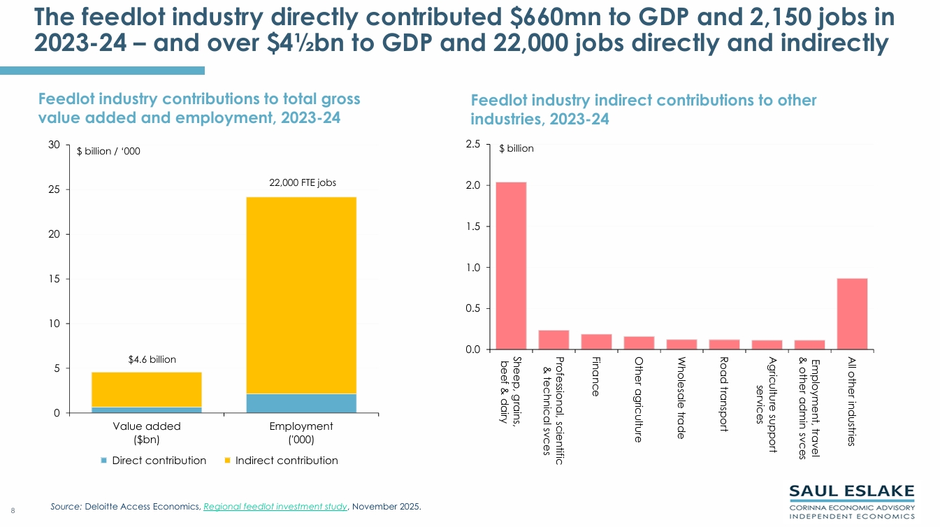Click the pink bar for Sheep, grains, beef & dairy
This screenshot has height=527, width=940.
pos(511,266)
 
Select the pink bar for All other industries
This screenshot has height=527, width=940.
pos(853,314)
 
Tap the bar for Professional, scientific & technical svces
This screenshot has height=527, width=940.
pos(554,340)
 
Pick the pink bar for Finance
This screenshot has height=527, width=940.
pos(596,342)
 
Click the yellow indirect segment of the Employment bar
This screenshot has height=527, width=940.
pos(301,296)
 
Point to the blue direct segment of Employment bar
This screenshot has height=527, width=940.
pos(301,403)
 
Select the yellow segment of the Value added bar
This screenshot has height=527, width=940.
pos(147,389)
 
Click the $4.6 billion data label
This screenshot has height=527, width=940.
pos(152,359)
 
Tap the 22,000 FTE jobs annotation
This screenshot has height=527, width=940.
pos(303,182)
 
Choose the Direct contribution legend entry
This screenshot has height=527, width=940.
pos(154,461)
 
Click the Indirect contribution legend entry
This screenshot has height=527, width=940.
pos(281,461)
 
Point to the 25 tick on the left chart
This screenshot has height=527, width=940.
pos(54,189)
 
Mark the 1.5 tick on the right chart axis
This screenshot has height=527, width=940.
pos(473,226)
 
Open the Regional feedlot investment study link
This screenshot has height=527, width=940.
pos(275,507)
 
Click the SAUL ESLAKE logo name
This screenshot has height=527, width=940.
pos(852,491)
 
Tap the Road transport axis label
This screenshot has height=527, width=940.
pos(724,394)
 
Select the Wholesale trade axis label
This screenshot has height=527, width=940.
pos(681,398)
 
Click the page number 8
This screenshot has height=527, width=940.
pos(13,511)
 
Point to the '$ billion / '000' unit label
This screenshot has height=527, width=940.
pos(108,151)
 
